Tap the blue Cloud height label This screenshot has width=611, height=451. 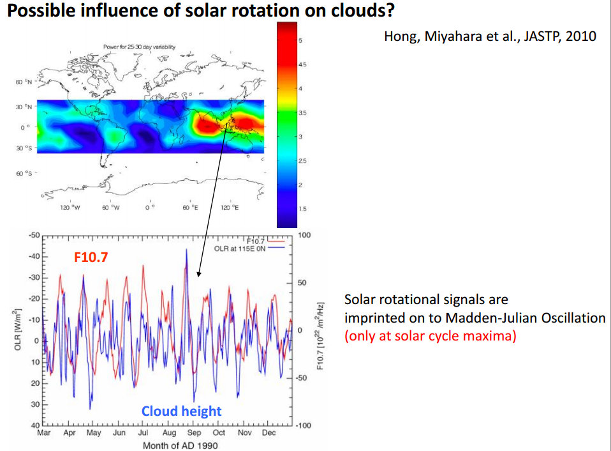pyautogui.click(x=181, y=411)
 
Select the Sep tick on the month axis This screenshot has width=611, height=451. pyautogui.click(x=193, y=433)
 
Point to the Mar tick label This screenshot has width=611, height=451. pyautogui.click(x=43, y=433)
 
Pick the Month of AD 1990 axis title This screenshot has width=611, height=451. pyautogui.click(x=179, y=445)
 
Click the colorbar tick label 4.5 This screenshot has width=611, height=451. pyautogui.click(x=302, y=65)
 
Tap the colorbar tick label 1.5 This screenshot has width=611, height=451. pyautogui.click(x=302, y=209)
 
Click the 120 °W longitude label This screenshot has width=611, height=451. pyautogui.click(x=69, y=208)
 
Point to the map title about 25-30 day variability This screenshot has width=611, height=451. pyautogui.click(x=139, y=47)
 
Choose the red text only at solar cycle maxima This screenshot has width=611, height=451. pyautogui.click(x=431, y=336)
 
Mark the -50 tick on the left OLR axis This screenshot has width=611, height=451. pyautogui.click(x=34, y=236)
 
